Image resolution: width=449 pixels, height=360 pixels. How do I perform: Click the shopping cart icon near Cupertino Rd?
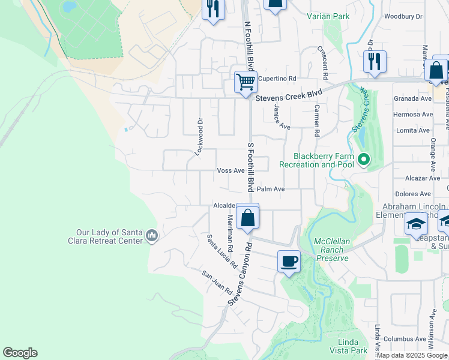coord(246,82)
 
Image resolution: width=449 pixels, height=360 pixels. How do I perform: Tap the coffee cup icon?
coord(289,262)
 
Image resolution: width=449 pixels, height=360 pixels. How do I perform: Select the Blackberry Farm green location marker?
coord(363,160)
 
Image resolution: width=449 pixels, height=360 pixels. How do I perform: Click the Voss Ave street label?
coord(231,170)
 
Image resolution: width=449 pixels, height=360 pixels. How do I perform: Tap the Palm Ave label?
coord(270,188)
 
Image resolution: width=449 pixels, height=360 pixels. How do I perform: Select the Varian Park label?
coord(328,17)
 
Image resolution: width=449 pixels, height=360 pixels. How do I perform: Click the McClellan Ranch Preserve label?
coord(331,250)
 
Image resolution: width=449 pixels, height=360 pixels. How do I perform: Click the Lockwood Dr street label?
coord(197,137)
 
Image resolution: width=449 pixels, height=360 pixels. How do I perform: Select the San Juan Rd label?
coord(217,281)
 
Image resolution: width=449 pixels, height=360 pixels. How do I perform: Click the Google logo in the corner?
coord(20,353)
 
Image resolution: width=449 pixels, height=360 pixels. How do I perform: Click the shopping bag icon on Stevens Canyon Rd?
coord(247,217)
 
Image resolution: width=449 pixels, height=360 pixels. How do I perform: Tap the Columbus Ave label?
coord(405,338)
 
